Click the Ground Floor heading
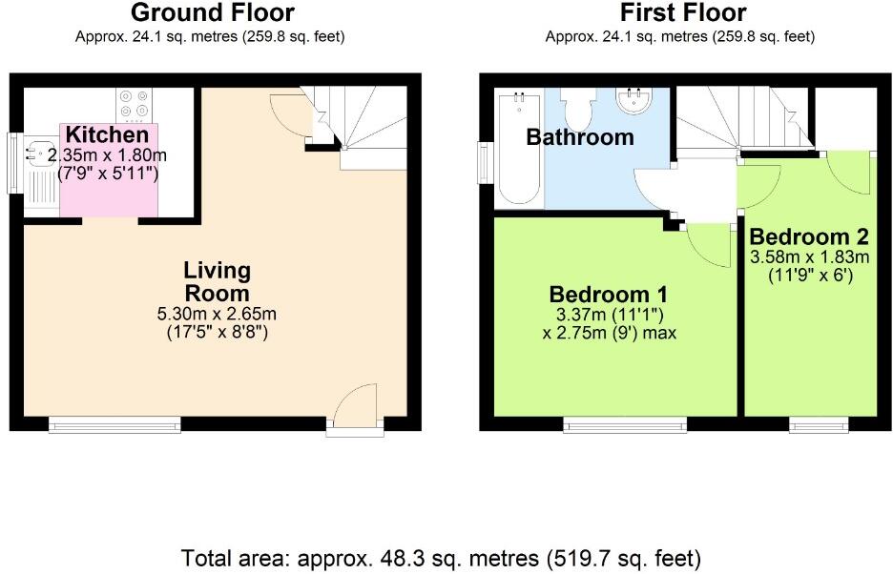pyautogui.click(x=212, y=13)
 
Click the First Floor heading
pyautogui.click(x=682, y=13)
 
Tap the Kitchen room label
pyautogui.click(x=107, y=135)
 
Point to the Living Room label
pyautogui.click(x=217, y=282)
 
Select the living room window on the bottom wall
pyautogui.click(x=114, y=425)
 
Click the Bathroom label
pyautogui.click(x=580, y=137)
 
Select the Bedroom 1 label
pyautogui.click(x=608, y=294)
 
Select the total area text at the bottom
pyautogui.click(x=441, y=557)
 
